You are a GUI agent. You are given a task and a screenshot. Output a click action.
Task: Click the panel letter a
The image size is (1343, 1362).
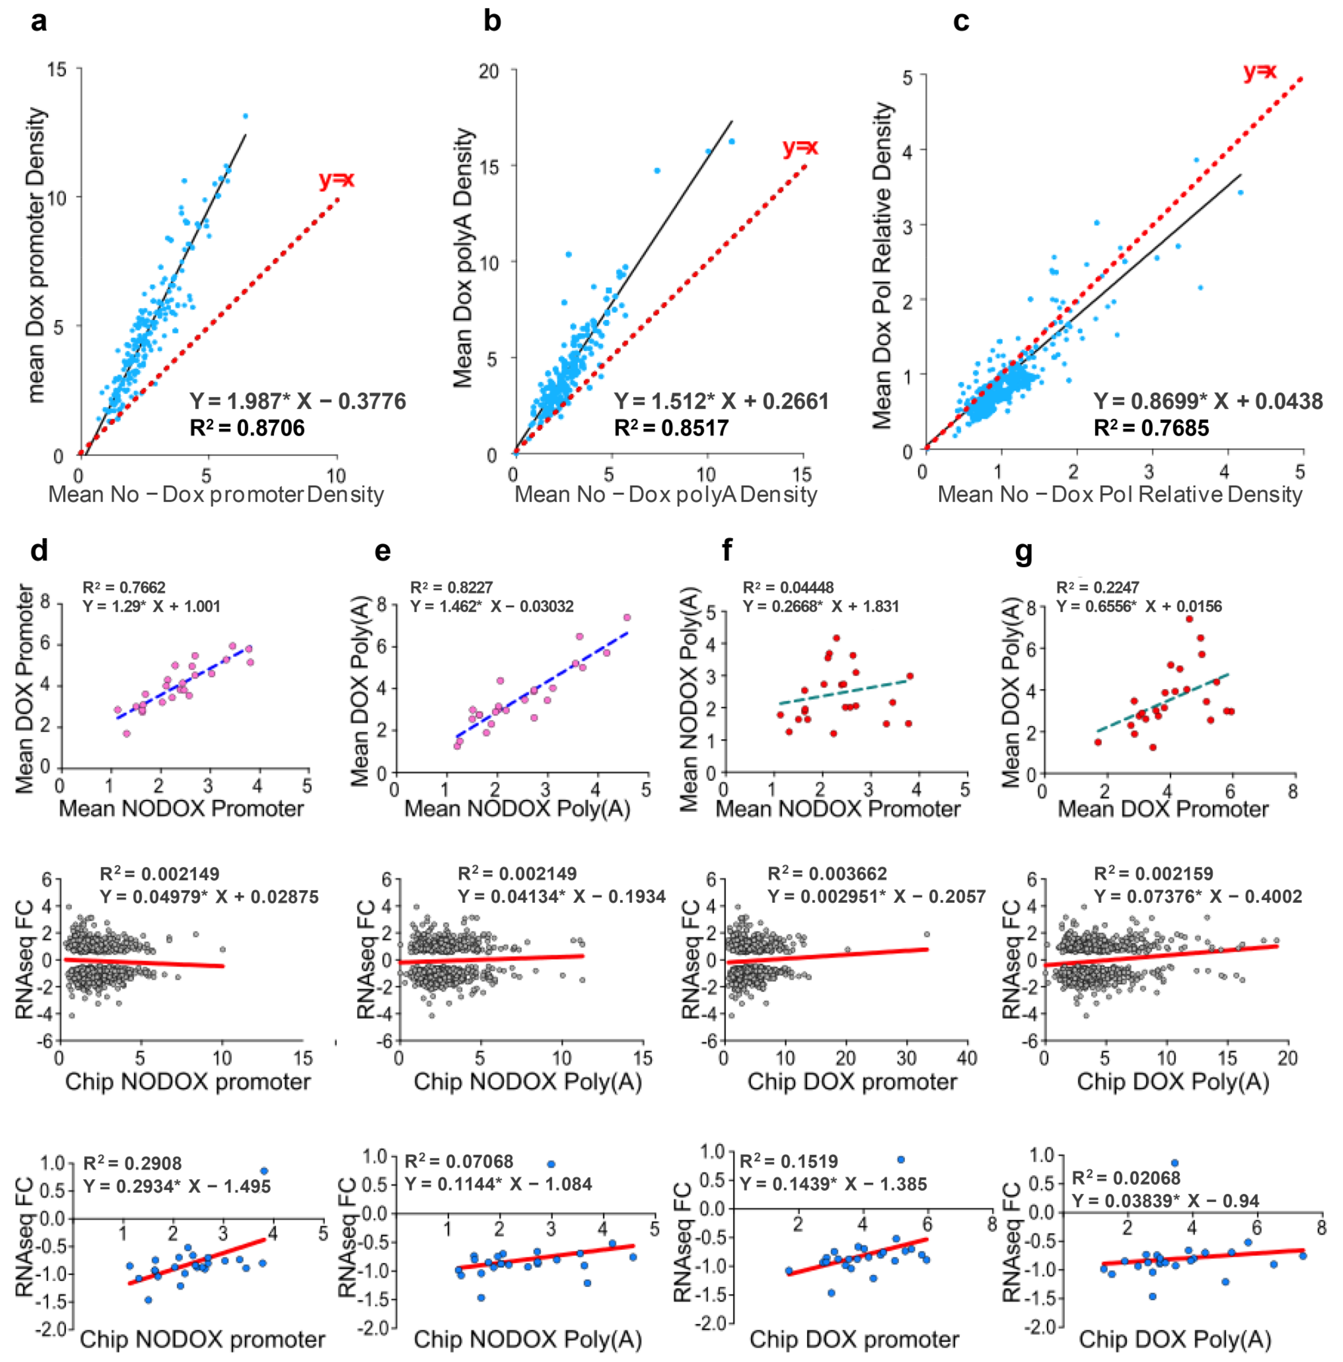click(40, 21)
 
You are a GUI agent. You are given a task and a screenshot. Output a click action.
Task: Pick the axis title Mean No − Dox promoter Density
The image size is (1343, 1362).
click(216, 494)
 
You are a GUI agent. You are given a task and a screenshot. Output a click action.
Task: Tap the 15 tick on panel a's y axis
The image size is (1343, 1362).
click(57, 69)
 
